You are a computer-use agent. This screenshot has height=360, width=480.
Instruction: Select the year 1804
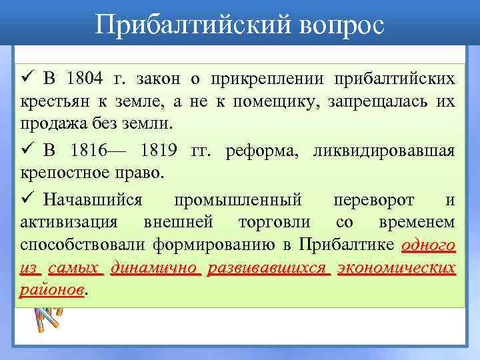85,79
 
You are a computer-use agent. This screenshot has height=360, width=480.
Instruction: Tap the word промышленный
238,199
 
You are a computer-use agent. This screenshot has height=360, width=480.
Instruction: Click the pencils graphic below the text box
45,317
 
